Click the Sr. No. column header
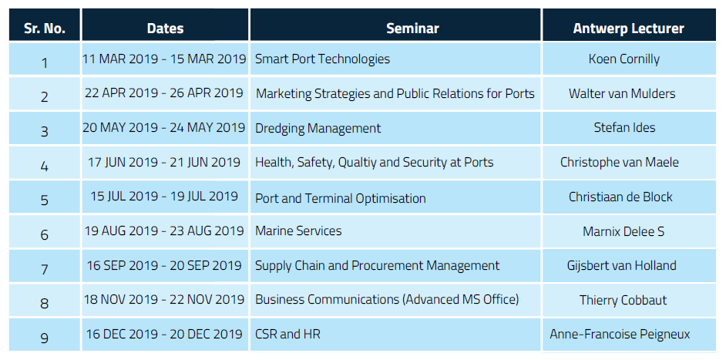[x=45, y=29]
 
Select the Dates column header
[x=165, y=29]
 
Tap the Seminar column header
[x=412, y=29]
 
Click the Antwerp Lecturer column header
[x=628, y=29]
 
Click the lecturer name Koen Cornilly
[x=624, y=59]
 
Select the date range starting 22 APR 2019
[x=164, y=93]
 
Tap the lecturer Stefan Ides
[x=624, y=127]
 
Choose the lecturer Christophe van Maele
[x=620, y=162]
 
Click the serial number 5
[x=45, y=200]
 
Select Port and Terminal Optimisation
[x=341, y=198]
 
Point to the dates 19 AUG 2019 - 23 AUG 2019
[x=164, y=230]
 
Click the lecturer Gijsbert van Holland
[x=621, y=265]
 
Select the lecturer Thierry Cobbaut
[x=623, y=300]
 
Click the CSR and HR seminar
[x=287, y=334]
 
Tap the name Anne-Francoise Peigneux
[x=620, y=334]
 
